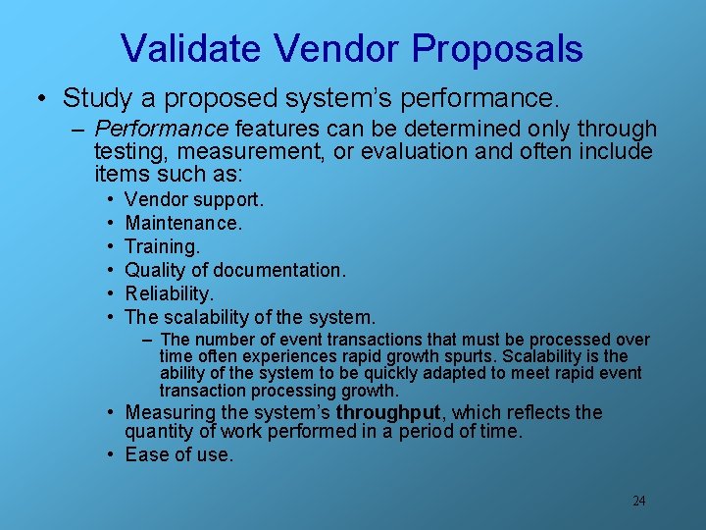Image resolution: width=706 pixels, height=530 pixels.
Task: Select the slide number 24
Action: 638,501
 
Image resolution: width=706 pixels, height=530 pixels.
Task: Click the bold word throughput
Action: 391,412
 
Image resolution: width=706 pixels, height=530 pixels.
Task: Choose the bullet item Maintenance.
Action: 183,223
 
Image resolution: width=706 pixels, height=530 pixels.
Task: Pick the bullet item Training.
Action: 162,246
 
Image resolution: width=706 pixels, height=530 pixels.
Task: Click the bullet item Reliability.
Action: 170,293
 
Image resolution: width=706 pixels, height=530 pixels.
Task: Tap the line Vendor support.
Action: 194,199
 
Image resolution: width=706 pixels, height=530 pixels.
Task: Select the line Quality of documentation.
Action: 235,270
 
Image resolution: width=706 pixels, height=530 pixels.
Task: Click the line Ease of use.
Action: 179,454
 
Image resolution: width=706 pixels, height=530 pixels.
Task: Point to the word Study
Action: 92,98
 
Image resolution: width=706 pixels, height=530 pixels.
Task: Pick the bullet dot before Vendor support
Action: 113,200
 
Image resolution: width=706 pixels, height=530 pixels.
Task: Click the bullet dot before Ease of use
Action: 113,454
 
